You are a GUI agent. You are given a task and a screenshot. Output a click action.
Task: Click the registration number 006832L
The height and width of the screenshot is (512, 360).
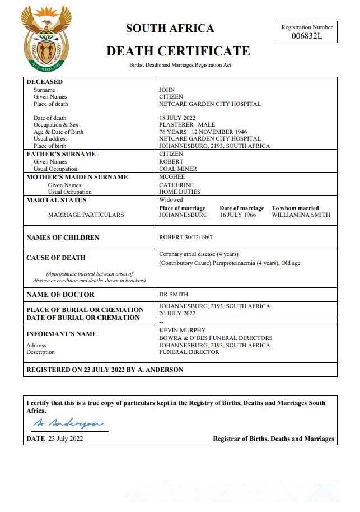click(x=307, y=36)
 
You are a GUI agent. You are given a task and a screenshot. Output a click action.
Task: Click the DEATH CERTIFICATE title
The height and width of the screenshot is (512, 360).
click(x=178, y=52)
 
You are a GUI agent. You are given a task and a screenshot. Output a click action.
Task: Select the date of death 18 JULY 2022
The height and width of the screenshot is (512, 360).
click(x=180, y=118)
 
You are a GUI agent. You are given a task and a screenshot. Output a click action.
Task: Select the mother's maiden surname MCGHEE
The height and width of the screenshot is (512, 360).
click(x=172, y=177)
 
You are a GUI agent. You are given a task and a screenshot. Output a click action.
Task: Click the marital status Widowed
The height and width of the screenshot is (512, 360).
click(x=171, y=200)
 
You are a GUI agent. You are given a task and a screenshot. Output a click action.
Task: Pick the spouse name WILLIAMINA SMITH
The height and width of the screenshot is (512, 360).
click(x=301, y=215)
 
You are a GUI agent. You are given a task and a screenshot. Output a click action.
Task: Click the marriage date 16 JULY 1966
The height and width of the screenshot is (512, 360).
click(x=239, y=215)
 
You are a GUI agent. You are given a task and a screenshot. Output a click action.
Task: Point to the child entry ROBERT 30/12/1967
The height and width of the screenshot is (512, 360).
click(x=186, y=238)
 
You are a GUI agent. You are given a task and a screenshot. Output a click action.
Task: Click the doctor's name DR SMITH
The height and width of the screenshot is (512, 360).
click(x=174, y=295)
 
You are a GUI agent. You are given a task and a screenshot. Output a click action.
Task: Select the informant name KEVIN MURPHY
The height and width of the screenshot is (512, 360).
click(x=183, y=331)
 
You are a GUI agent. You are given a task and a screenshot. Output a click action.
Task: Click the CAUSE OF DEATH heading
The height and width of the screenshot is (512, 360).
click(x=56, y=258)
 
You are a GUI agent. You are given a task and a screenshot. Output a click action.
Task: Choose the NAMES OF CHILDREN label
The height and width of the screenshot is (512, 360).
click(x=63, y=238)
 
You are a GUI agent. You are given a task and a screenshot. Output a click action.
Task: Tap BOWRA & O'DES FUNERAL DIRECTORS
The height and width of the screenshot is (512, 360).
click(x=216, y=338)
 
